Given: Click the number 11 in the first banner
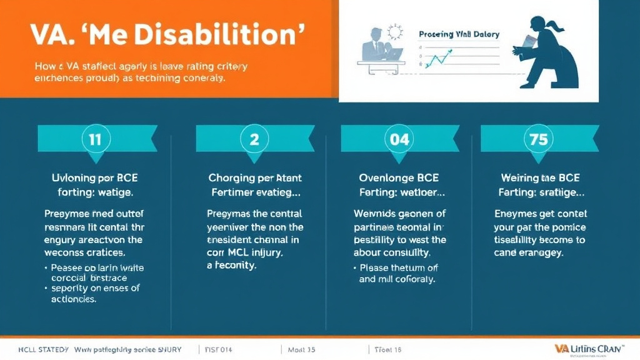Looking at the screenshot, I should click(x=94, y=139).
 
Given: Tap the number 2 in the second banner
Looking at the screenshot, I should click(x=254, y=139).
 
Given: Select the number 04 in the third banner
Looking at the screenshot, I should click(x=399, y=139).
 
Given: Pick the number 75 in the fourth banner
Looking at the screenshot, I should click(x=538, y=139).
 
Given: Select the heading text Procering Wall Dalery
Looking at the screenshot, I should click(x=459, y=34).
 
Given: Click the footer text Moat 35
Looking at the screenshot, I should click(x=301, y=349).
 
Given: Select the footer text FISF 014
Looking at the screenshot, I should click(x=219, y=349).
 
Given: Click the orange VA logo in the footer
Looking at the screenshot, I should click(x=560, y=347).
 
